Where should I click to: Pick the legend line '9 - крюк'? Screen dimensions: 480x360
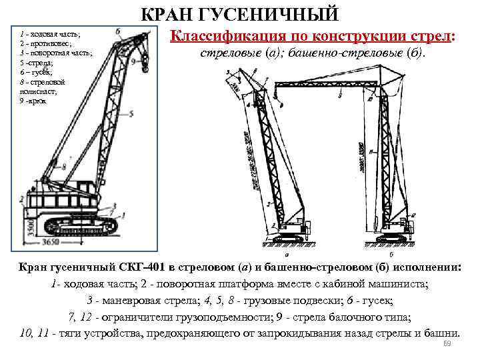[x=33, y=101]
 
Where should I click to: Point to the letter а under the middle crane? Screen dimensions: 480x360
[x=286, y=254]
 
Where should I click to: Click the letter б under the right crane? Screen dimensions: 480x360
[x=390, y=254]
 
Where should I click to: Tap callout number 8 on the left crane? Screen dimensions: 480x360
[x=64, y=169]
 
